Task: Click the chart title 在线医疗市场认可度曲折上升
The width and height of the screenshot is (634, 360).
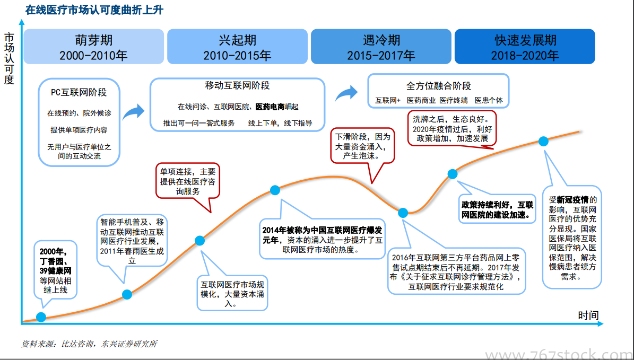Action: pyautogui.click(x=94, y=10)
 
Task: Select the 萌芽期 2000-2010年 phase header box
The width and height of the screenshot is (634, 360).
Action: pyautogui.click(x=94, y=47)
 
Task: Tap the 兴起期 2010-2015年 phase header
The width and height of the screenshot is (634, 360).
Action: pyautogui.click(x=237, y=47)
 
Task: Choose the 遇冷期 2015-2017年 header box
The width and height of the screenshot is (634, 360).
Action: pyautogui.click(x=381, y=47)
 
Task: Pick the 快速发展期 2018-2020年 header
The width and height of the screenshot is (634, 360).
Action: pyautogui.click(x=525, y=47)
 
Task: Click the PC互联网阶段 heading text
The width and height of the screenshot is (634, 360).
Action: pyautogui.click(x=79, y=93)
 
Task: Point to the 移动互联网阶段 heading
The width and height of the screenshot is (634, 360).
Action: pyautogui.click(x=237, y=86)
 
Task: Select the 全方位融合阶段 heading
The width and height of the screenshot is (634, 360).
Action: pyautogui.click(x=438, y=86)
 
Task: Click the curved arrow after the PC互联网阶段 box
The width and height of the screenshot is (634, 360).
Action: pyautogui.click(x=133, y=111)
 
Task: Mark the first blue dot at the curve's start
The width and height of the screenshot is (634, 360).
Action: pyautogui.click(x=41, y=317)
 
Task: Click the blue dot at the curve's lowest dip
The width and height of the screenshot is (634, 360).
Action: pyautogui.click(x=403, y=213)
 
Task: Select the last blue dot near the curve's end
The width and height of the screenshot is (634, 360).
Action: pyautogui.click(x=543, y=142)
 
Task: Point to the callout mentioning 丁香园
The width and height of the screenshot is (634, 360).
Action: pyautogui.click(x=55, y=270)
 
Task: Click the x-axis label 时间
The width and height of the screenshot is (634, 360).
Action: pyautogui.click(x=588, y=315)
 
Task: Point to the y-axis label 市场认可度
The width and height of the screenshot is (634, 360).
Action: pyautogui.click(x=9, y=58)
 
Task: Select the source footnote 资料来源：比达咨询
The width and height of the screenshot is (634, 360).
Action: pyautogui.click(x=89, y=344)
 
